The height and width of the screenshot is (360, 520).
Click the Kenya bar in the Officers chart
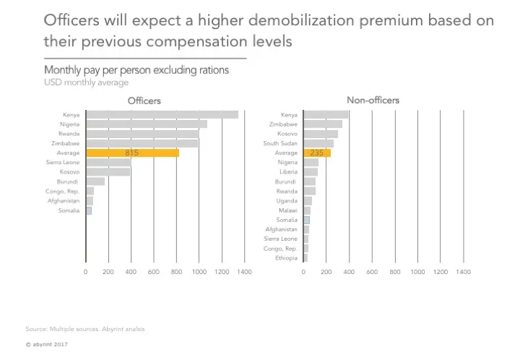pos(162,114)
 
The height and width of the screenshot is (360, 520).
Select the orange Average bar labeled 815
pos(132,153)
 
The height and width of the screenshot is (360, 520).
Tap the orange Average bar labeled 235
pos(317,153)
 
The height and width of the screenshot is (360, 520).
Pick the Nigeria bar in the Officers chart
pos(147,124)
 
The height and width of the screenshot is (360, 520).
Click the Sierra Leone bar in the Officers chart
pos(108,163)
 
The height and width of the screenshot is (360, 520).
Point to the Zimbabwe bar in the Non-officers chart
pos(323,124)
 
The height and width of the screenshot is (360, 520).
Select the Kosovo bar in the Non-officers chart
pos(321,134)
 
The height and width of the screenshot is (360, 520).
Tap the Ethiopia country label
pos(287,258)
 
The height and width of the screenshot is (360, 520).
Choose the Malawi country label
pos(288,210)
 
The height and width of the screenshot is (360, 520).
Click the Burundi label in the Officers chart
pos(69,181)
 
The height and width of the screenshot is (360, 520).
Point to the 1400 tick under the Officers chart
pos(244,272)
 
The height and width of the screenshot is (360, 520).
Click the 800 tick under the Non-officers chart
pos(395,272)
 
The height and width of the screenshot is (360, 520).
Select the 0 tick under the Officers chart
pos(85,272)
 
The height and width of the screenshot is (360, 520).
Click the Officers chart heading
pos(144,100)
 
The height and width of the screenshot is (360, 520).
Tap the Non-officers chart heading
pos(373,100)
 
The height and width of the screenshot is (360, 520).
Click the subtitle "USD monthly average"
pos(86,82)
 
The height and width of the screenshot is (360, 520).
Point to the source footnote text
pos(85,329)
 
